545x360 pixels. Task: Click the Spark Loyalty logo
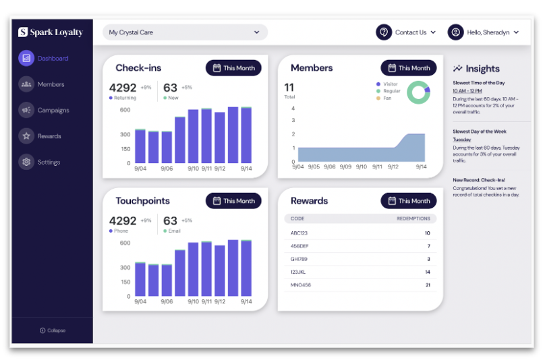click(51, 32)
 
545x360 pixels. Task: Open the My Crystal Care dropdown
click(185, 32)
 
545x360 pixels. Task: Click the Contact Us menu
click(406, 32)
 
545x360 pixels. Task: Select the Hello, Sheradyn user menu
click(484, 32)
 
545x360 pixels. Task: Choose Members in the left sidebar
click(51, 84)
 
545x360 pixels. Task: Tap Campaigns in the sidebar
click(53, 110)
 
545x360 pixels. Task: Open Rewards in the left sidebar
click(49, 136)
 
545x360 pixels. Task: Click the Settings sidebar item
click(49, 162)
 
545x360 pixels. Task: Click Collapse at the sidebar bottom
click(53, 330)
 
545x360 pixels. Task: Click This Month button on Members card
click(408, 68)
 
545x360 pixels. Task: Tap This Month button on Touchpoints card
click(233, 201)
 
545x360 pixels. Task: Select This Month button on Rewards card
click(408, 201)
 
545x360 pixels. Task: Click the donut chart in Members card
click(418, 92)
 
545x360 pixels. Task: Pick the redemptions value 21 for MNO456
click(428, 285)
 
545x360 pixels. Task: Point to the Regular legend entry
click(391, 91)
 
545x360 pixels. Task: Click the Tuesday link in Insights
click(462, 140)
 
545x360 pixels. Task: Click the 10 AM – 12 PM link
click(467, 91)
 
